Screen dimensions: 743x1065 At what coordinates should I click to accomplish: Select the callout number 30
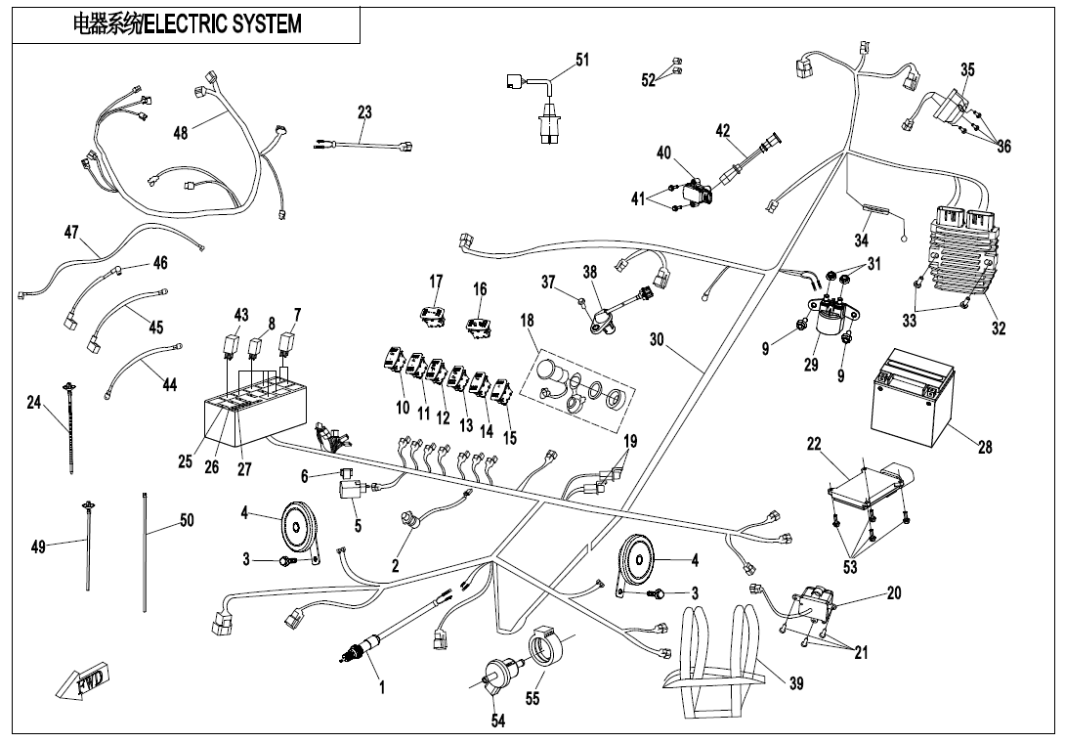[x=657, y=339]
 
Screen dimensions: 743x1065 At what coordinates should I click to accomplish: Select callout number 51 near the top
[x=582, y=60]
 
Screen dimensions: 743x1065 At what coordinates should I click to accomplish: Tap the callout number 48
[x=181, y=133]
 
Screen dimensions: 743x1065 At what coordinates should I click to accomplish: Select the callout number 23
[x=364, y=112]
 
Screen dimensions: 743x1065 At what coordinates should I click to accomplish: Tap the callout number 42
[x=723, y=130]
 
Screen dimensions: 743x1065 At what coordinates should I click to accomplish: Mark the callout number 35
[x=967, y=69]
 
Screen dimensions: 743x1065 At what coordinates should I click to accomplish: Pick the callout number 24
[x=33, y=402]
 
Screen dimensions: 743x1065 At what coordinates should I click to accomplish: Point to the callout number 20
[x=894, y=593]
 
